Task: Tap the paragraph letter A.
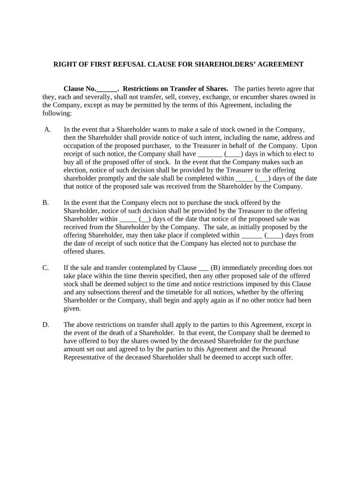point(48,129)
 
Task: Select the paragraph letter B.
point(46,203)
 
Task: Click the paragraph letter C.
point(46,268)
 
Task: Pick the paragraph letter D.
point(46,325)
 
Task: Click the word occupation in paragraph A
point(79,145)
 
